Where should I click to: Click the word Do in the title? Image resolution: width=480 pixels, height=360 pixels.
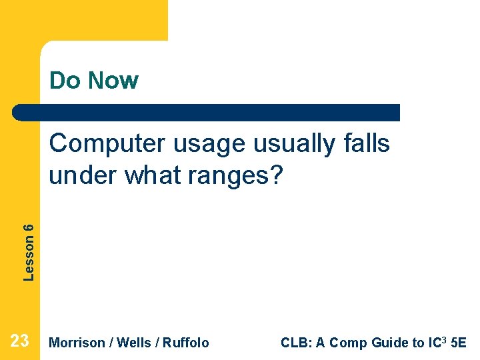tap(64, 81)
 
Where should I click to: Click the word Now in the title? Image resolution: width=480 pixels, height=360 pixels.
tap(113, 81)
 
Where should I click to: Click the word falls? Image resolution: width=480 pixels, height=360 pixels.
tap(367, 143)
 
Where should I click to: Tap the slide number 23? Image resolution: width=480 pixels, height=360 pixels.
tap(20, 341)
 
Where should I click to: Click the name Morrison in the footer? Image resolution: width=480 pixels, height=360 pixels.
tap(77, 343)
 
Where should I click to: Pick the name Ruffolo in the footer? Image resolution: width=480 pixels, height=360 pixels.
tap(187, 343)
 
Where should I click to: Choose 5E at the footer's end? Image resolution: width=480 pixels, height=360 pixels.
tap(459, 343)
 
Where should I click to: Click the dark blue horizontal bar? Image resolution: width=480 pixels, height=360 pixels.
tap(207, 112)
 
